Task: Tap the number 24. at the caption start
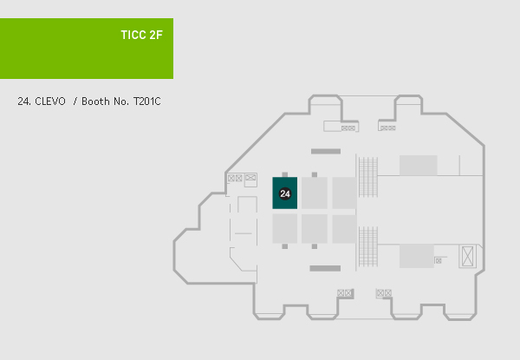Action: click(x=24, y=101)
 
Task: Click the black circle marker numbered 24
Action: click(x=285, y=193)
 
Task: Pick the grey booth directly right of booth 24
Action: click(x=315, y=193)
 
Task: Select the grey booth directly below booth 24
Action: click(x=285, y=228)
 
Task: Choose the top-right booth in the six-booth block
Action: click(x=344, y=193)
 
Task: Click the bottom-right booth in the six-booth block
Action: click(x=344, y=228)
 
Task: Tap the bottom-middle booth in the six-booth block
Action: click(x=315, y=228)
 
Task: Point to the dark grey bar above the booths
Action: click(x=325, y=152)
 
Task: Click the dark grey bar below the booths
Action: click(x=325, y=268)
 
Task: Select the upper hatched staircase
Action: click(x=368, y=182)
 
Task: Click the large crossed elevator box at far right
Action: click(x=469, y=257)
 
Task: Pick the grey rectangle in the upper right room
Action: click(x=418, y=165)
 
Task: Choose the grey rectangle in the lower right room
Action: click(x=416, y=256)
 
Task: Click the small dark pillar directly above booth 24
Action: click(x=285, y=174)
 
